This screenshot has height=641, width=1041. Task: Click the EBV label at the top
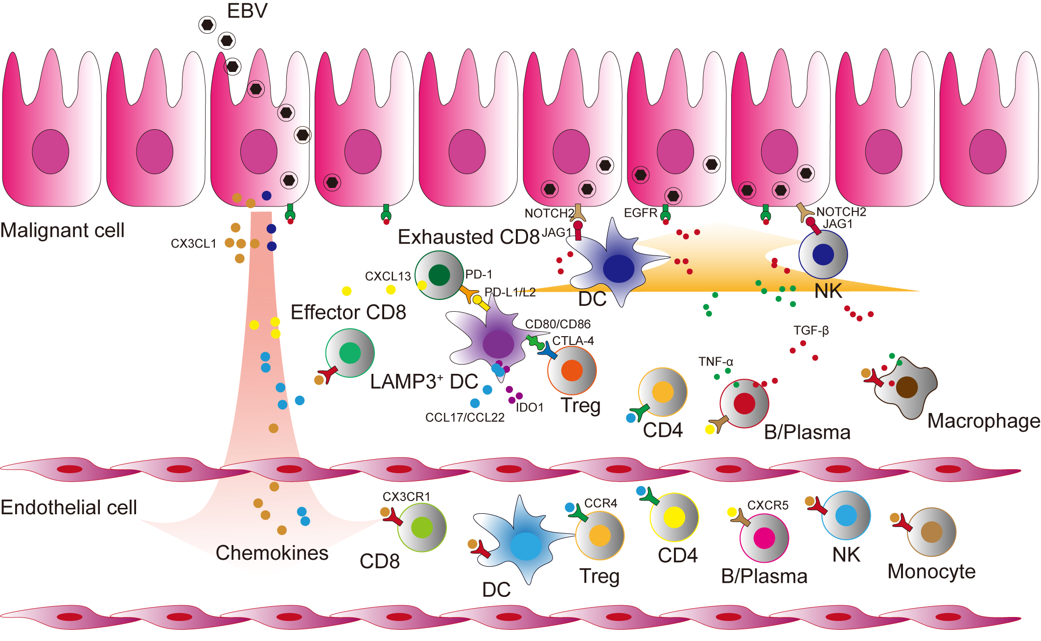click(x=247, y=11)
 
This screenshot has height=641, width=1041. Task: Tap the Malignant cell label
click(x=62, y=230)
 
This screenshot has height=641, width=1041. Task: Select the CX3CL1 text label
click(x=193, y=244)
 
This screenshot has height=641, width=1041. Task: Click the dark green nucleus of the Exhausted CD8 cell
click(x=439, y=275)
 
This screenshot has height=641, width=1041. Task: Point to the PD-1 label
click(x=479, y=275)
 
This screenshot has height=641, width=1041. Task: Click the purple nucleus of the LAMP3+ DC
click(x=498, y=344)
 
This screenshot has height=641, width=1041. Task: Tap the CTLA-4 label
click(x=573, y=341)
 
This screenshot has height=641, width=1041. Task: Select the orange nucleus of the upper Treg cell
click(x=572, y=370)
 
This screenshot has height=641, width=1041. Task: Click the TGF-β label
click(x=811, y=331)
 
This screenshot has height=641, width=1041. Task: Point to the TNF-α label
click(x=716, y=362)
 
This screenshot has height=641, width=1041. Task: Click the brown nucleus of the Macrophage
click(x=907, y=387)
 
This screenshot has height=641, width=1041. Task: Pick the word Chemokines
click(x=272, y=553)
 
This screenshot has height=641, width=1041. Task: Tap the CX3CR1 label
click(x=406, y=497)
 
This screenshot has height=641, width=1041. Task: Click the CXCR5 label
click(x=768, y=505)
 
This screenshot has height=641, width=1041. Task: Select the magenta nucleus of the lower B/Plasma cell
click(x=764, y=538)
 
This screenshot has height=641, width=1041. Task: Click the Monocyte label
click(x=931, y=572)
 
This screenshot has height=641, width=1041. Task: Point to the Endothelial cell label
click(x=69, y=507)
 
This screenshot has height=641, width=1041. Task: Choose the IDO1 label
click(x=530, y=408)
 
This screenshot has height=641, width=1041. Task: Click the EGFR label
click(x=641, y=213)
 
